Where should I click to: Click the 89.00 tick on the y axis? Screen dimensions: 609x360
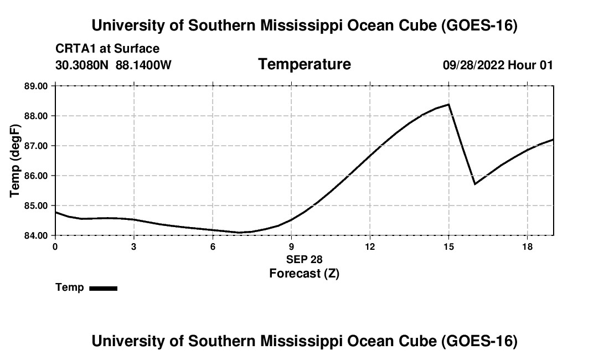coord(36,86)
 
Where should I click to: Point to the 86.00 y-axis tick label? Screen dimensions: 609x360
coord(36,176)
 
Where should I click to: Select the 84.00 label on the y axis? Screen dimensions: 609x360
coord(36,235)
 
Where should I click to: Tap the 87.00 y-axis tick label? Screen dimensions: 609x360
coord(36,146)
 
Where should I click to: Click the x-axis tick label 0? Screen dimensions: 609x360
coord(55,246)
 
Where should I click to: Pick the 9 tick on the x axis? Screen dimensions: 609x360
coord(291,246)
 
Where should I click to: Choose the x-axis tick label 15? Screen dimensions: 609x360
coord(448,246)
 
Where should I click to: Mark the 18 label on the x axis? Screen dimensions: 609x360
coord(528,246)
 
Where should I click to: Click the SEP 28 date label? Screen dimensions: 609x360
coord(304,259)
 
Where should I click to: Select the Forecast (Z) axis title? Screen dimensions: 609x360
coord(304,274)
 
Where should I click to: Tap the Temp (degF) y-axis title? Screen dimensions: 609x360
coord(15,161)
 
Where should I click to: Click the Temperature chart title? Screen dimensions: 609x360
coord(304,64)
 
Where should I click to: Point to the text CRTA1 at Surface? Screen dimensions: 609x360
coord(107,49)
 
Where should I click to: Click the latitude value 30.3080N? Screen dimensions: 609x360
coord(82,65)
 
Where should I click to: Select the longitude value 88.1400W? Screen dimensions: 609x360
coord(143,65)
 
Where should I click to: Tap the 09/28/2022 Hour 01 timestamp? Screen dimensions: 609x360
coord(498,65)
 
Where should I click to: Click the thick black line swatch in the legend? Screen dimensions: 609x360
coord(104,288)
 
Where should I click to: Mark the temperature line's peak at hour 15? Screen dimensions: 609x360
coord(448,104)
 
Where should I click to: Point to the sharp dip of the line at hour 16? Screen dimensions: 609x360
coord(474,184)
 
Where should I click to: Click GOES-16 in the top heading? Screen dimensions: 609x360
coord(479,25)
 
